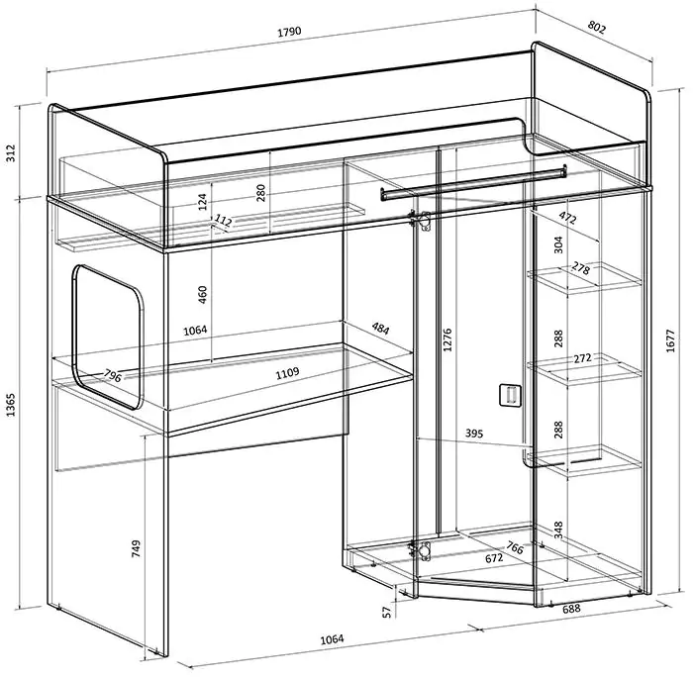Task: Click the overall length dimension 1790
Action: (x=289, y=32)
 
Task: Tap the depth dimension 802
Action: (x=596, y=28)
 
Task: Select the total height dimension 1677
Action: (x=670, y=340)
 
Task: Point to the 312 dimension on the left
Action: (x=10, y=153)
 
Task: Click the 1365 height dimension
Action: (x=10, y=405)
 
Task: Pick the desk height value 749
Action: (x=136, y=548)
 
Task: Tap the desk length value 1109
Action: (x=287, y=373)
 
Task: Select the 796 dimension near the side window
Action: (x=113, y=376)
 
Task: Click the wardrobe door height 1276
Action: (x=447, y=339)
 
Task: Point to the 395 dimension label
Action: (x=473, y=433)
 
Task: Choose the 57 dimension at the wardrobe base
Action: (x=387, y=612)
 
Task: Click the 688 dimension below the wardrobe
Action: (x=571, y=609)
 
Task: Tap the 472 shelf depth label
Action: (x=567, y=218)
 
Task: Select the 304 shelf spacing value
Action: (x=558, y=244)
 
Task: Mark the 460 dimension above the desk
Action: (x=202, y=294)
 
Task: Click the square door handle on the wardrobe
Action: (x=510, y=395)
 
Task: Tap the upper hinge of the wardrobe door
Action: (x=420, y=221)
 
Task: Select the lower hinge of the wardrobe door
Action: (x=420, y=551)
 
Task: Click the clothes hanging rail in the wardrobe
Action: (x=472, y=182)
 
